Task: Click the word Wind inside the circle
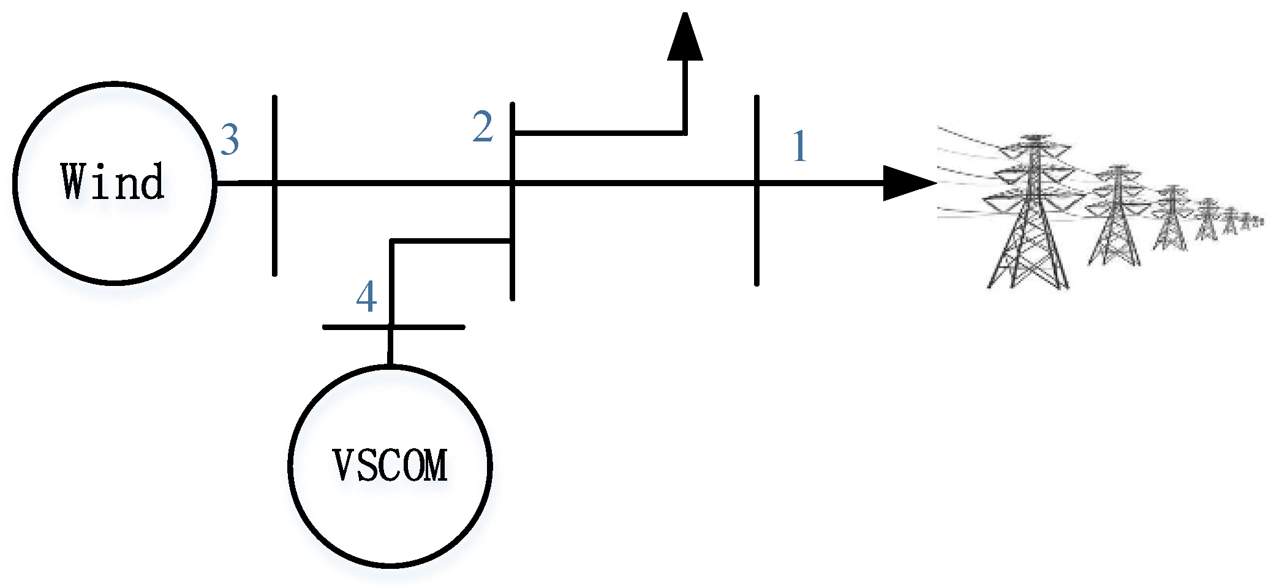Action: [x=113, y=182]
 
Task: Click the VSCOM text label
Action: [x=390, y=465]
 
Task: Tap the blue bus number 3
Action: [x=230, y=140]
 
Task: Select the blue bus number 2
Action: [x=483, y=127]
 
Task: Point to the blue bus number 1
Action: [x=799, y=147]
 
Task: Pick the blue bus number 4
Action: [x=366, y=298]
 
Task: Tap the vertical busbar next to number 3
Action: [x=274, y=233]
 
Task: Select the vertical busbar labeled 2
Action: [x=512, y=269]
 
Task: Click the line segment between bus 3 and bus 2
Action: [x=392, y=182]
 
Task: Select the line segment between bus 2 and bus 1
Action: [x=634, y=182]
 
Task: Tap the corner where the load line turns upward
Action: [x=684, y=132]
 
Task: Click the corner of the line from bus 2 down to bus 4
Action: [x=391, y=241]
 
